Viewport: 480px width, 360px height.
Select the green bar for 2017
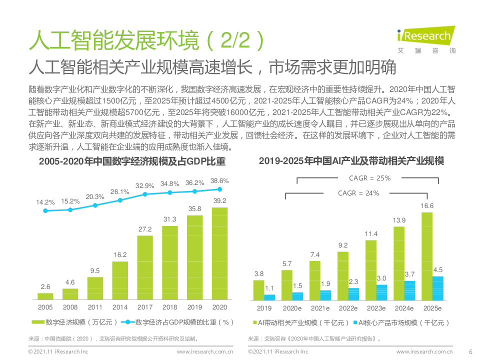coord(144,267)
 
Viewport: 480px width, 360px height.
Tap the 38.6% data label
coord(219,181)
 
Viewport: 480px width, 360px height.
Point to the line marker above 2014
coord(120,200)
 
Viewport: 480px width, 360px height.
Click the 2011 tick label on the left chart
coord(95,307)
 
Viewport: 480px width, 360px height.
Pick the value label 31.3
coord(169,219)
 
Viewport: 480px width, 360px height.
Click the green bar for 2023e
coord(370,270)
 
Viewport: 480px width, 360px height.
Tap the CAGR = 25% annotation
coord(369,178)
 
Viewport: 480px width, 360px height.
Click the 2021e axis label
coord(320,308)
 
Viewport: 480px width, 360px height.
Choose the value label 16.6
coord(426,205)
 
